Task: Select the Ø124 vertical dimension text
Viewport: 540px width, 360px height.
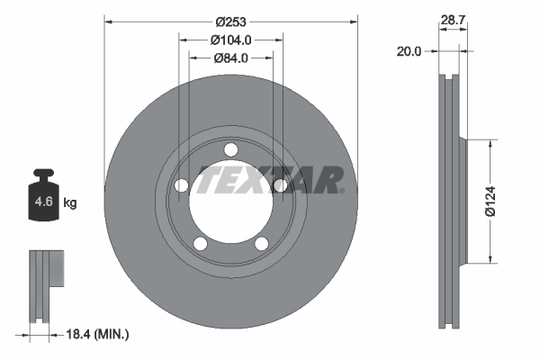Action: (490, 201)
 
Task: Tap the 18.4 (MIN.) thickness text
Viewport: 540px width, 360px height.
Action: (99, 334)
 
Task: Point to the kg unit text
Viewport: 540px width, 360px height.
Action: (70, 203)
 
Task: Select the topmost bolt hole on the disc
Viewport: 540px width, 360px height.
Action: (230, 149)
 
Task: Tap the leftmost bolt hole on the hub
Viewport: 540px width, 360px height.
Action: (181, 185)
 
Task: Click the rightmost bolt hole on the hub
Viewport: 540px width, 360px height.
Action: (280, 185)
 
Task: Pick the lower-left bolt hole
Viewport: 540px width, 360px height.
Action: (200, 243)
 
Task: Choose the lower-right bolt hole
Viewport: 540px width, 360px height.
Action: (261, 243)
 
